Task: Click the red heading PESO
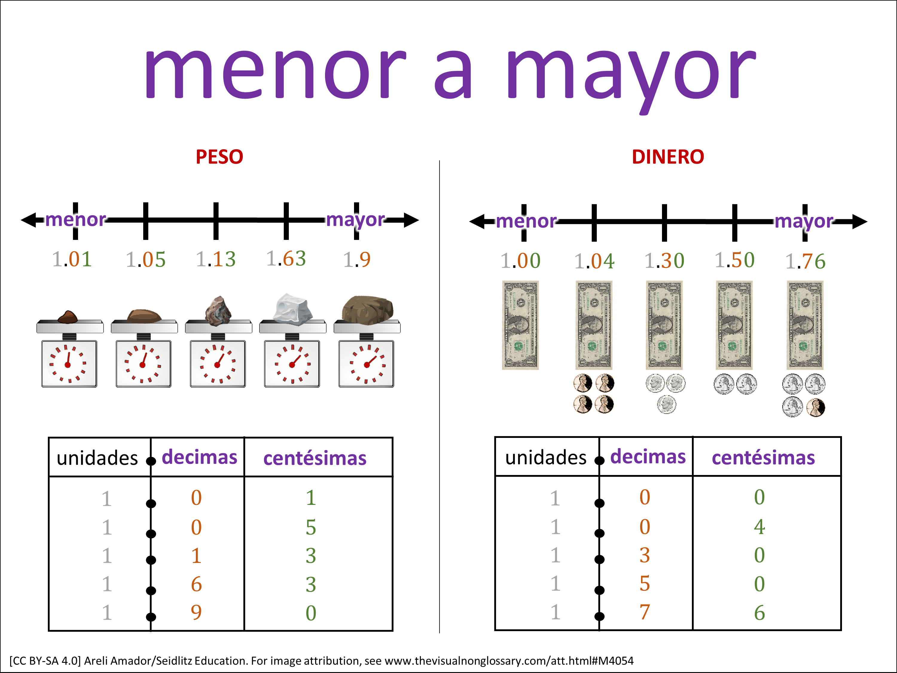pyautogui.click(x=219, y=157)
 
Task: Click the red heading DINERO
pyautogui.click(x=668, y=157)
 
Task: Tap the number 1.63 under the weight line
pyautogui.click(x=286, y=259)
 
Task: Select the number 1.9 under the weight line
pyautogui.click(x=357, y=260)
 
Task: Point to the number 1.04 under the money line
pyautogui.click(x=594, y=261)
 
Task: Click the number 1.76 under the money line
pyautogui.click(x=805, y=261)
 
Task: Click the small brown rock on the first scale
pyautogui.click(x=68, y=317)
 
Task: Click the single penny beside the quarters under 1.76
pyautogui.click(x=815, y=408)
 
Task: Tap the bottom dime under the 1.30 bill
pyautogui.click(x=666, y=404)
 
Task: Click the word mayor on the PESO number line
pyautogui.click(x=355, y=220)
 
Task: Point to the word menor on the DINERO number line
pyautogui.click(x=526, y=222)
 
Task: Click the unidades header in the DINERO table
pyautogui.click(x=545, y=458)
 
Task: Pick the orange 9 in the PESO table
pyautogui.click(x=196, y=612)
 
